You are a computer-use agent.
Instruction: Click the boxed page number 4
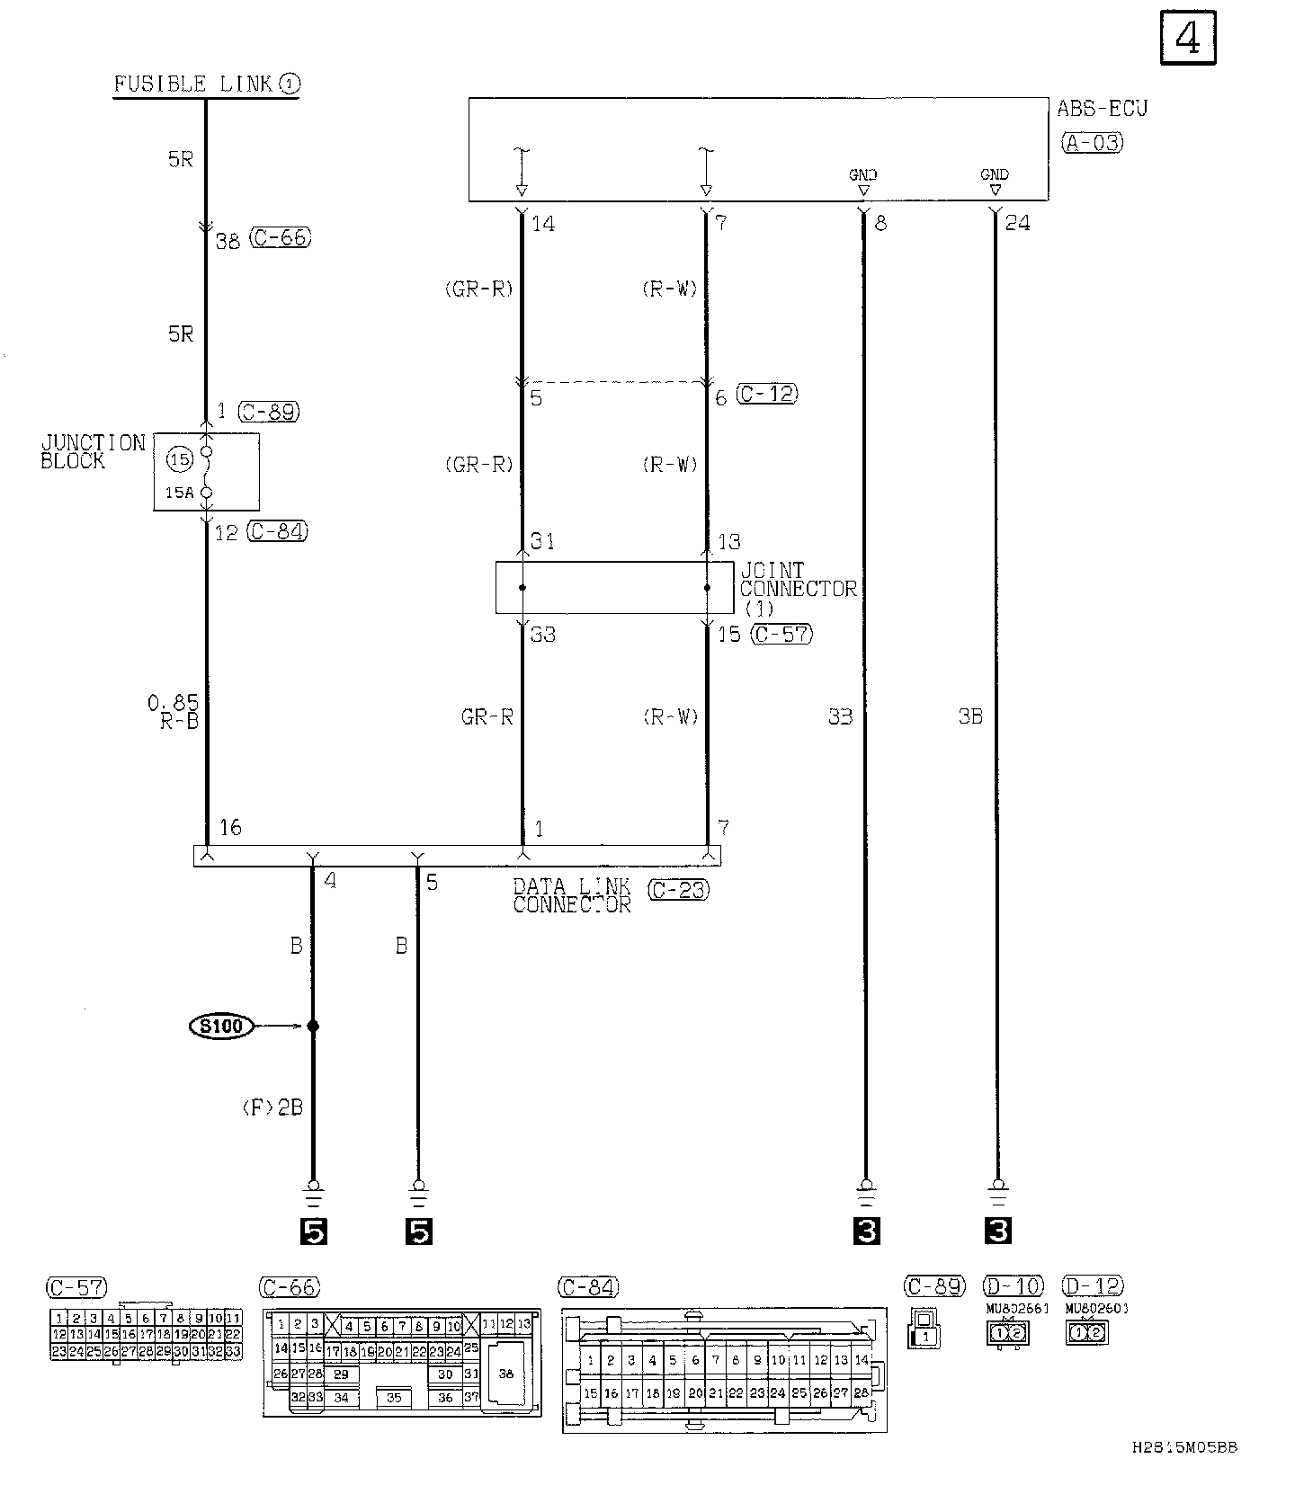pyautogui.click(x=1188, y=38)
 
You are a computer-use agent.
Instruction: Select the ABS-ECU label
pyautogui.click(x=1102, y=109)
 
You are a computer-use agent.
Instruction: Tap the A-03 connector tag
pyautogui.click(x=1093, y=142)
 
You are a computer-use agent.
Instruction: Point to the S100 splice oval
pyautogui.click(x=221, y=1026)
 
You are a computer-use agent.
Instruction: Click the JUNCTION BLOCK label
pyautogui.click(x=93, y=451)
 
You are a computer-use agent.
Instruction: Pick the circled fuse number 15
pyautogui.click(x=181, y=459)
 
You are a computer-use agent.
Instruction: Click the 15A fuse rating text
pyautogui.click(x=179, y=493)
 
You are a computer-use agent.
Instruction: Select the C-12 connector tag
pyautogui.click(x=767, y=394)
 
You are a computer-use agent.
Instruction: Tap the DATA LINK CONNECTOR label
pyautogui.click(x=572, y=895)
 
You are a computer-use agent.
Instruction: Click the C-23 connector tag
pyautogui.click(x=679, y=890)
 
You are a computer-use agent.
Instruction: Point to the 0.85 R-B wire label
pyautogui.click(x=174, y=711)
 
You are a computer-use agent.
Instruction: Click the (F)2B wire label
pyautogui.click(x=272, y=1107)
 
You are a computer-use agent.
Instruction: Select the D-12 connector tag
pyautogui.click(x=1093, y=1286)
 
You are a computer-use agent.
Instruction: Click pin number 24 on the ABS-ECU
pyautogui.click(x=1017, y=223)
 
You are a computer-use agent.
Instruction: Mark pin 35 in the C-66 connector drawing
pyautogui.click(x=395, y=1399)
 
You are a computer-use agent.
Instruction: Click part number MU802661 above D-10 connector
pyautogui.click(x=1017, y=1309)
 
